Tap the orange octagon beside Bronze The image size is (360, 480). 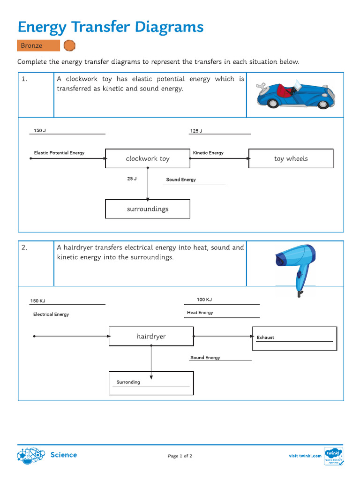click(69, 45)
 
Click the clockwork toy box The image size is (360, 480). click(148, 158)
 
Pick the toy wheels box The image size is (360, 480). click(291, 158)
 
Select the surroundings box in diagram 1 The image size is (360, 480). click(148, 209)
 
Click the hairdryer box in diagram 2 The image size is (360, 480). click(151, 337)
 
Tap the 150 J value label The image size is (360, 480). click(40, 130)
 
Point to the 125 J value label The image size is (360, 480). click(196, 131)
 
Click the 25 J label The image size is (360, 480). click(132, 179)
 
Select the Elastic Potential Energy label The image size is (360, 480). click(59, 153)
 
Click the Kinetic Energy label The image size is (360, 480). click(208, 153)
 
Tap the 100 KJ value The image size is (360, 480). click(204, 300)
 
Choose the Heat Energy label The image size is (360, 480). click(200, 313)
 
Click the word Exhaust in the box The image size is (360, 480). click(265, 337)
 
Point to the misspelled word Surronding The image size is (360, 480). click(128, 382)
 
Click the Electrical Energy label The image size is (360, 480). click(51, 315)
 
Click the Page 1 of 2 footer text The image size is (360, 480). click(180, 456)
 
